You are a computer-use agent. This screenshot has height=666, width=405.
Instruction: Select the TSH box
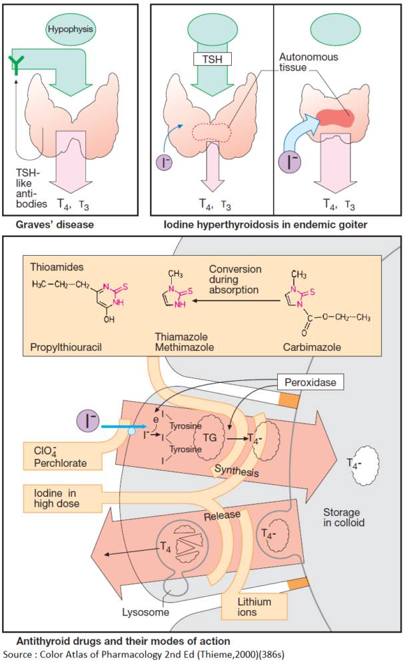[211, 59]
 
